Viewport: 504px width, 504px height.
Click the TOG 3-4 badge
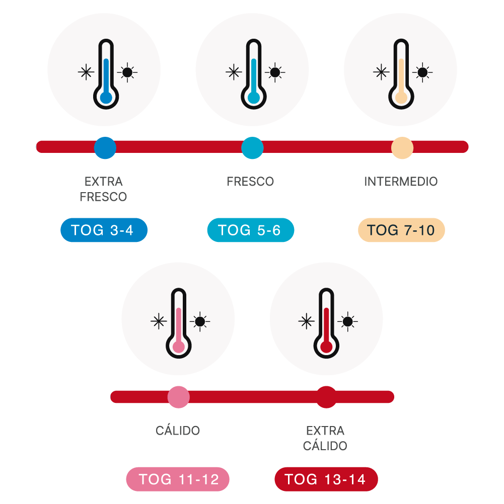[104, 230]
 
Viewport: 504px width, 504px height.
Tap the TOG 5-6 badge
[251, 230]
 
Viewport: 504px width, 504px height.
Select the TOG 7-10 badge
[401, 230]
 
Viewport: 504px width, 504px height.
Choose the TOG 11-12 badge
[178, 479]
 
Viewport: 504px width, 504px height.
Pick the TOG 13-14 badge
[326, 479]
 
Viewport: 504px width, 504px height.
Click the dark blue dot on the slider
[105, 148]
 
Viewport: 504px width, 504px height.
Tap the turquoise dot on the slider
[252, 148]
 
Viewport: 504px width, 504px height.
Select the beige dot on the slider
[402, 148]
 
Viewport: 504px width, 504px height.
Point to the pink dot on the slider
[179, 397]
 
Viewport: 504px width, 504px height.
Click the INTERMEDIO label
[401, 182]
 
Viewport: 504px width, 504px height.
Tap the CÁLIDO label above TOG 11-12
[178, 430]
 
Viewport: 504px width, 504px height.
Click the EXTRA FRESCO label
[103, 189]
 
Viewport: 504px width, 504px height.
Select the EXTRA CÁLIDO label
[325, 438]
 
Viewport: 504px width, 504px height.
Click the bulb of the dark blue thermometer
[106, 98]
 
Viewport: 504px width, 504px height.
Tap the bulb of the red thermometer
[326, 347]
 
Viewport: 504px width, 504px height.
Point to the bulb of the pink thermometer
[179, 347]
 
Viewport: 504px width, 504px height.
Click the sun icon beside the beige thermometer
[422, 72]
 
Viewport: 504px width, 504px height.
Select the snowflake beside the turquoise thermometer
[234, 72]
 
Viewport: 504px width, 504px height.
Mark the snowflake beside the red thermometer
[307, 321]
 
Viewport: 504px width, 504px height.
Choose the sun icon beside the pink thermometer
[200, 321]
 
